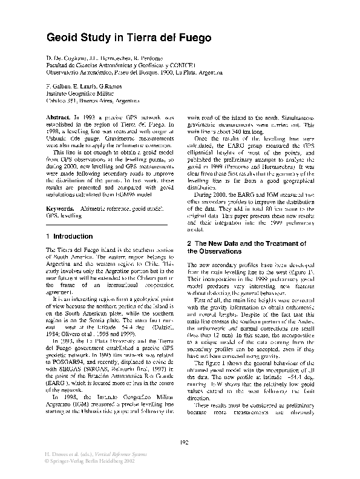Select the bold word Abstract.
[59, 116]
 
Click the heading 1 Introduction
[70, 236]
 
